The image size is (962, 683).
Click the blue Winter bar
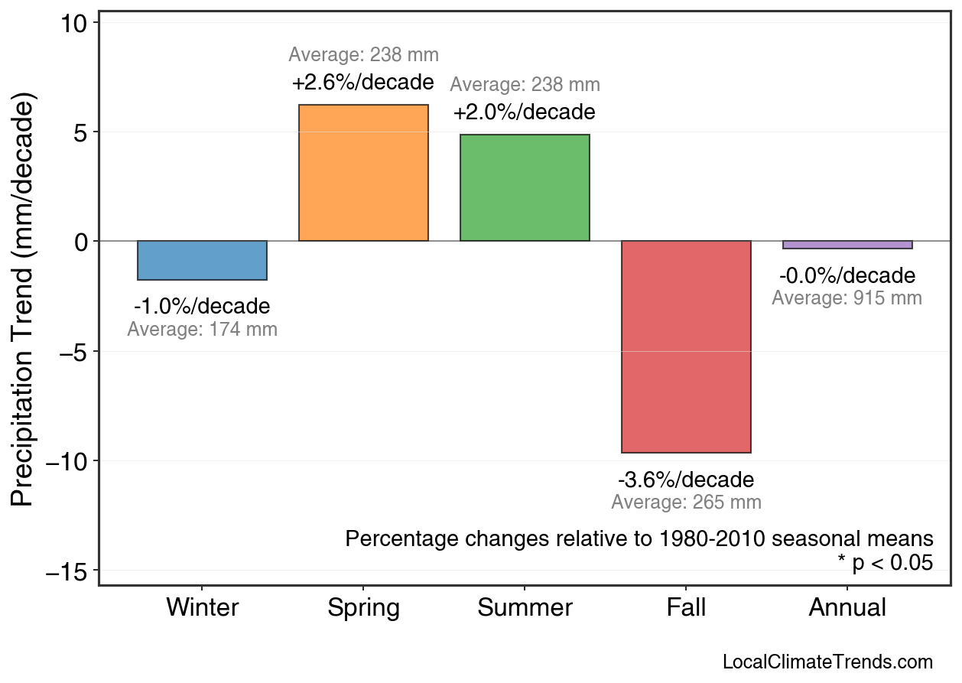pyautogui.click(x=202, y=260)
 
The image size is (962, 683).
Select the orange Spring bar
pyautogui.click(x=363, y=173)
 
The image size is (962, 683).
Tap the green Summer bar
pyautogui.click(x=525, y=187)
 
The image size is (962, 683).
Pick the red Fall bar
pyautogui.click(x=686, y=346)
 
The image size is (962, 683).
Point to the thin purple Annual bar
pyautogui.click(x=847, y=245)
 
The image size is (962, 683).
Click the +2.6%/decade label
pyautogui.click(x=363, y=82)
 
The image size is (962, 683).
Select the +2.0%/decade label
pyautogui.click(x=525, y=112)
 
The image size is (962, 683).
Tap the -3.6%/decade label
pyautogui.click(x=686, y=480)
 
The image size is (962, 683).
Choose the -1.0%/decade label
pyautogui.click(x=202, y=307)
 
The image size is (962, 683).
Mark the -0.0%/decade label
pyautogui.click(x=847, y=275)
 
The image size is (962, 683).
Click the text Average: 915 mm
pyautogui.click(x=847, y=298)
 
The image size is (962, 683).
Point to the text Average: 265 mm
pyautogui.click(x=686, y=502)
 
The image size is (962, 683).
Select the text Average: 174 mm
pyautogui.click(x=202, y=330)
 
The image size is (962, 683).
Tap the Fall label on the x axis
pyautogui.click(x=686, y=608)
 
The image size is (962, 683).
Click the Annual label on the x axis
pyautogui.click(x=847, y=608)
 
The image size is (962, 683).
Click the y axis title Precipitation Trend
pyautogui.click(x=24, y=301)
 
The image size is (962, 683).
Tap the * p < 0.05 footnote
pyautogui.click(x=885, y=562)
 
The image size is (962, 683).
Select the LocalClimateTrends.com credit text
pyautogui.click(x=827, y=662)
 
